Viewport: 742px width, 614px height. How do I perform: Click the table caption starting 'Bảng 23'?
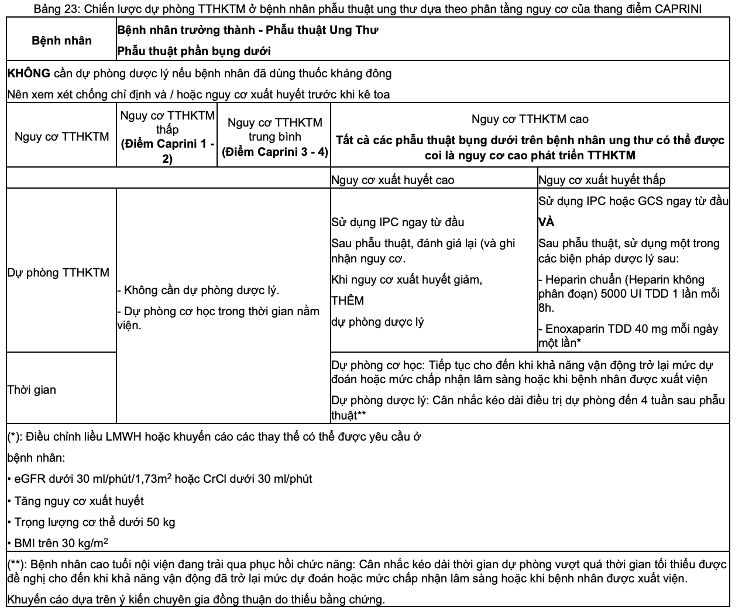(x=368, y=9)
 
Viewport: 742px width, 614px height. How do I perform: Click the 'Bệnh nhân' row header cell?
(x=61, y=40)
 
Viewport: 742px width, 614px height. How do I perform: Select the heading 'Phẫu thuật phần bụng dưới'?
(x=194, y=51)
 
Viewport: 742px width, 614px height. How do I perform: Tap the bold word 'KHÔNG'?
(x=29, y=73)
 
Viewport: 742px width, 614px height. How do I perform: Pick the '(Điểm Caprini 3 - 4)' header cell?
(x=274, y=151)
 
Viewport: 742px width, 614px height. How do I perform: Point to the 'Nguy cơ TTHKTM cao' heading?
(x=530, y=119)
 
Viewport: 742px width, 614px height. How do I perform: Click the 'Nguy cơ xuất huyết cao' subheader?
(x=392, y=180)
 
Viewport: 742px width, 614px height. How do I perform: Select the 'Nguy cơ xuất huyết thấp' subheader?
(x=601, y=180)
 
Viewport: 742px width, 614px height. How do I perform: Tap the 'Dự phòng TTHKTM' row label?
(x=58, y=272)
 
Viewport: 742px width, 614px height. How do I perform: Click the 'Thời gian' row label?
(x=32, y=390)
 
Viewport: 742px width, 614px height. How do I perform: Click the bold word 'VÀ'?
(x=546, y=222)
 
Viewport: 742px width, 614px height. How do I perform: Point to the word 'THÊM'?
(x=348, y=301)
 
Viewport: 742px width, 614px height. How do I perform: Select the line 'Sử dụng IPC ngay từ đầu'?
(x=397, y=222)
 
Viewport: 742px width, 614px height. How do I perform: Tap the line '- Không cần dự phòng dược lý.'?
(x=198, y=290)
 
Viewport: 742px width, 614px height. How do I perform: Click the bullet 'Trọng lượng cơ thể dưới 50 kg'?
(x=91, y=521)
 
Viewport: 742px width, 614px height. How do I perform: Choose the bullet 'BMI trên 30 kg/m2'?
(x=58, y=543)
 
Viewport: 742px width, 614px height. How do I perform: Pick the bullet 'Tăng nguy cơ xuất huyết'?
(x=76, y=500)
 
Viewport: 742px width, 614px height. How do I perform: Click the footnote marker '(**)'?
(x=16, y=565)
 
